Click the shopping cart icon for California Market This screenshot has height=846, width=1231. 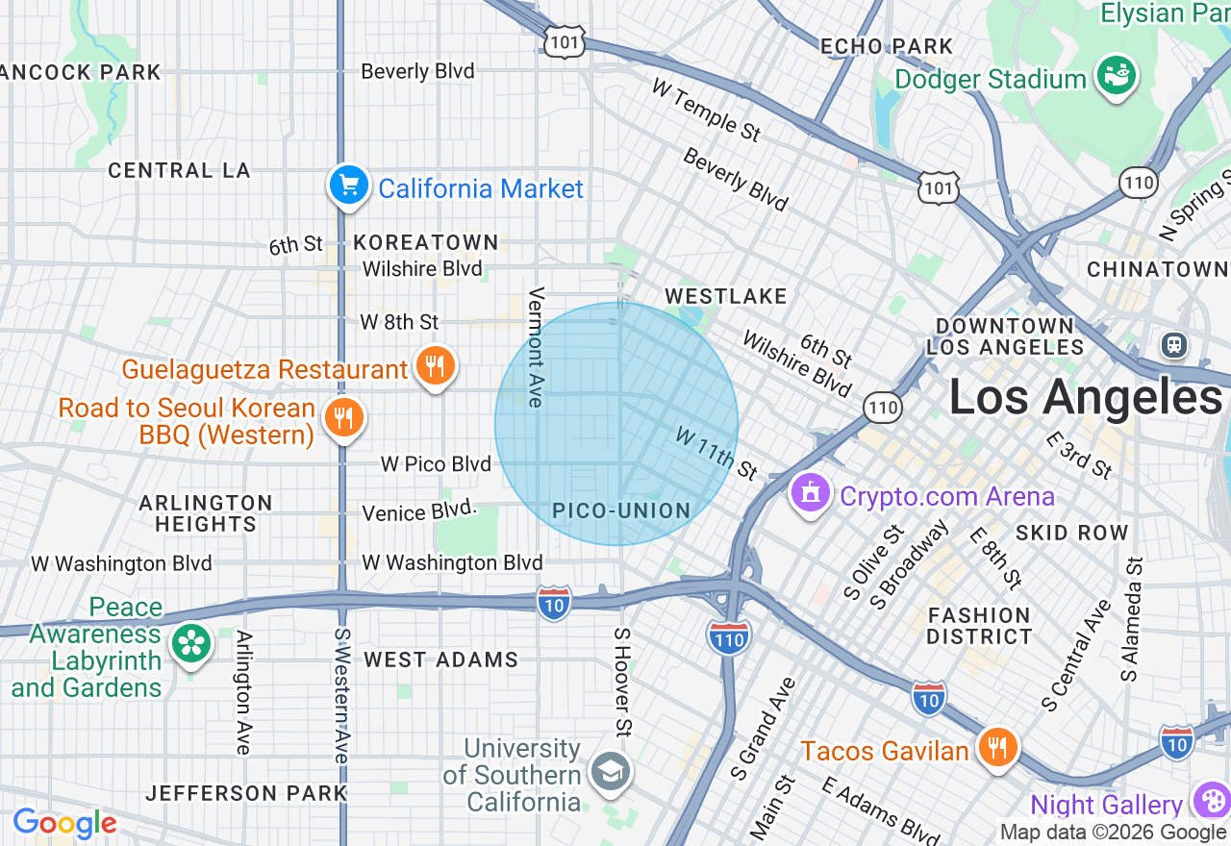click(x=348, y=186)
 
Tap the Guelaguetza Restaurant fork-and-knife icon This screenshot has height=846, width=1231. click(x=435, y=366)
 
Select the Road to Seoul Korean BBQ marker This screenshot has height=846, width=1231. click(x=341, y=418)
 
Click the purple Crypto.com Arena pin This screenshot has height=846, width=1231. click(x=811, y=493)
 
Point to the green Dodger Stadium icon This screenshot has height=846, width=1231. click(x=1116, y=76)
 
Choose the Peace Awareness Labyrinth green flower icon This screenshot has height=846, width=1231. click(x=190, y=644)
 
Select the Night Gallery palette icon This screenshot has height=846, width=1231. click(x=1211, y=801)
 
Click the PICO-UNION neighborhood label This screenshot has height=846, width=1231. click(x=622, y=510)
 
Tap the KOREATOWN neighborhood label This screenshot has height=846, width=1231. click(x=426, y=242)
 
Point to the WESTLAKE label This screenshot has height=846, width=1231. click(x=726, y=296)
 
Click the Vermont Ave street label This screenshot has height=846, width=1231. click(x=537, y=346)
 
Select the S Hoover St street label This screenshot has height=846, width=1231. click(x=623, y=682)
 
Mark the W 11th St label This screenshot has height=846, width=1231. click(x=716, y=453)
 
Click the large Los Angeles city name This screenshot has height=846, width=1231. click(x=1085, y=396)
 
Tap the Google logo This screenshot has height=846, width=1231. click(x=64, y=823)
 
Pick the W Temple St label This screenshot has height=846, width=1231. click(x=706, y=110)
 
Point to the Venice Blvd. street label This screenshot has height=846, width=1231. click(x=419, y=511)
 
